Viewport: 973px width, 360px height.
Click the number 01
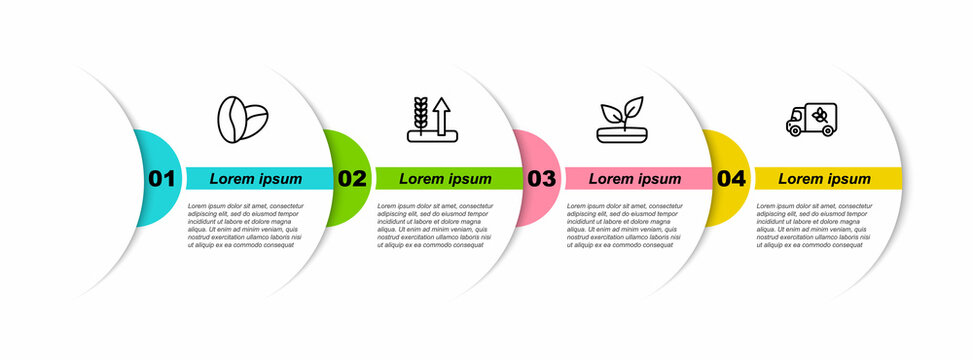point(162,179)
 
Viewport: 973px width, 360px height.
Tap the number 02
point(352,179)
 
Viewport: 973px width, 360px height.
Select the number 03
point(541,179)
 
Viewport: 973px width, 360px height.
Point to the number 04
point(731,179)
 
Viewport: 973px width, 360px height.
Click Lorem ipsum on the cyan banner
point(256,179)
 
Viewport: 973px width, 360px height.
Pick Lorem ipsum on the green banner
point(446,179)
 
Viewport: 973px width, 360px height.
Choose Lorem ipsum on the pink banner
point(635,179)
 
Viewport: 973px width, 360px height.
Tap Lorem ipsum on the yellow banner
point(825,179)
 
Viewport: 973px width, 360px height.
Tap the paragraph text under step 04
point(816,224)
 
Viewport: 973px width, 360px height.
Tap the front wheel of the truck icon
point(795,130)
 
